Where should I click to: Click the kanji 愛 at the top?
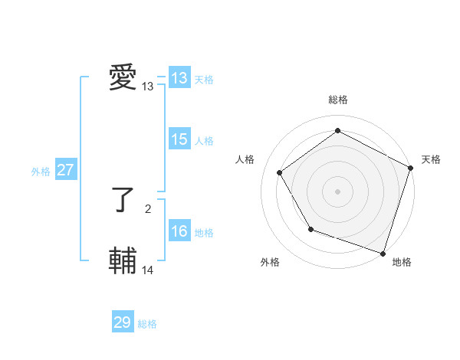(123, 78)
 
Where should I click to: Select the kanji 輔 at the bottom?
(123, 261)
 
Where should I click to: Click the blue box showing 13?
(179, 78)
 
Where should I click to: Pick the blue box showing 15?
(179, 139)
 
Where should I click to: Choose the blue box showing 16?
(179, 231)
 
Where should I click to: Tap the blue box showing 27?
(66, 170)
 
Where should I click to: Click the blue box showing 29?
(123, 322)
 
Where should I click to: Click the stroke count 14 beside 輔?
(148, 270)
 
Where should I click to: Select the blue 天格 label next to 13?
(204, 80)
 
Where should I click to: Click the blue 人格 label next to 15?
(204, 141)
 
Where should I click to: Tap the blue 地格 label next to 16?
(204, 233)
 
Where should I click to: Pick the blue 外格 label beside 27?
(41, 172)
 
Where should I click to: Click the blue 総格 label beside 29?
(147, 324)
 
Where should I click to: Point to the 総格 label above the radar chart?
(337, 100)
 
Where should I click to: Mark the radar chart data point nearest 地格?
(383, 252)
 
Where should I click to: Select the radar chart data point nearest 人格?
(280, 172)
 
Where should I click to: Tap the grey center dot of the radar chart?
(337, 191)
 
